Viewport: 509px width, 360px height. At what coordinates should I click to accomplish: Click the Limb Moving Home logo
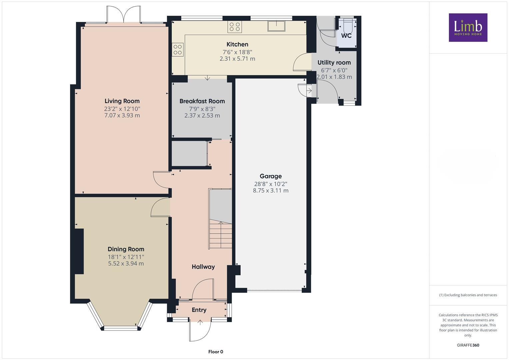468,27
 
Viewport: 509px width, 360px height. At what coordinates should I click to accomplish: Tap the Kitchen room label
237,44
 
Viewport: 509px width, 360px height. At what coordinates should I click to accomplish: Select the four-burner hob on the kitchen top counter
235,27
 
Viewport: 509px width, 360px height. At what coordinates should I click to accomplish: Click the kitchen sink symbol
276,26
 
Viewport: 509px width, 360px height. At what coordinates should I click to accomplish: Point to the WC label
346,36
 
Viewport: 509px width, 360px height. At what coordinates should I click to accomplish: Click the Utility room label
334,63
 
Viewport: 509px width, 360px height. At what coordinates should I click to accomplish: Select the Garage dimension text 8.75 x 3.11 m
271,191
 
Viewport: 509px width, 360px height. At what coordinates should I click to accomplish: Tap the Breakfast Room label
202,101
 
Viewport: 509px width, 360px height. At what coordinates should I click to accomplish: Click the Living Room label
122,101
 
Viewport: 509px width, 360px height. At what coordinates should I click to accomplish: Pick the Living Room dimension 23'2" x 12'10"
122,109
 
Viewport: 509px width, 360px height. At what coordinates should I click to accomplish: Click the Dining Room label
126,249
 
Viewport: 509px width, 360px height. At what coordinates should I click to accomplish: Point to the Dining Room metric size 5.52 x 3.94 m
126,263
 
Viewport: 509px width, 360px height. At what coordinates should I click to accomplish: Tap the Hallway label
203,267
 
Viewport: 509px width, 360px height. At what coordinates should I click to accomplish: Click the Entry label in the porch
199,310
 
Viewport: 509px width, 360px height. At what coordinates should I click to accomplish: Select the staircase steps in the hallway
220,235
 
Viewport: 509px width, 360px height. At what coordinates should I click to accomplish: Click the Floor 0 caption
216,352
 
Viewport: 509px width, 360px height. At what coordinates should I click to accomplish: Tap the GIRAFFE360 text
468,345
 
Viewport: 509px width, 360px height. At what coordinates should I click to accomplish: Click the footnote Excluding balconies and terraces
468,295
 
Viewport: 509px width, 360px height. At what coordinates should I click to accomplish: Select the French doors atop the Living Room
123,15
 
